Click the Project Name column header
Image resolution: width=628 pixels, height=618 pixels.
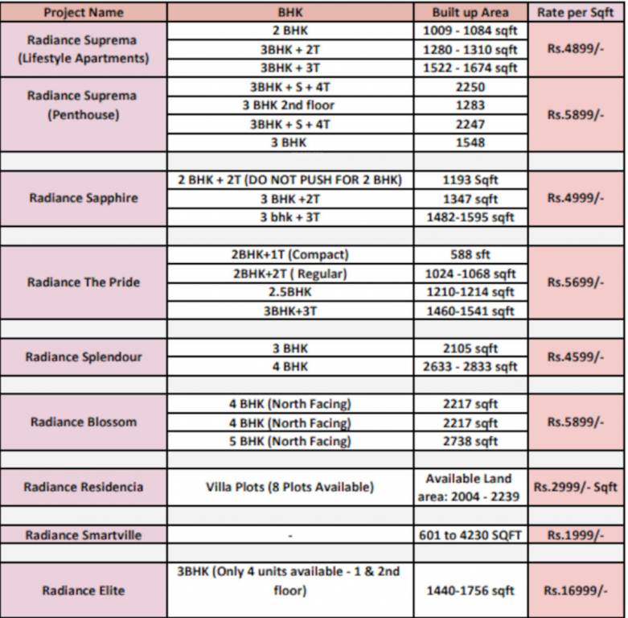pyautogui.click(x=84, y=12)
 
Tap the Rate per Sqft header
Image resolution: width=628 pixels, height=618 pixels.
pyautogui.click(x=575, y=12)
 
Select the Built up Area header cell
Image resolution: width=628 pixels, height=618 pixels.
pyautogui.click(x=470, y=12)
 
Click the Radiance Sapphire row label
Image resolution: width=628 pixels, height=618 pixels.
pyautogui.click(x=84, y=198)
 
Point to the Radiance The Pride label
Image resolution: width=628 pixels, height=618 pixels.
pyautogui.click(x=84, y=282)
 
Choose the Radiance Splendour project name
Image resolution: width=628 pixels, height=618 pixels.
pyautogui.click(x=84, y=357)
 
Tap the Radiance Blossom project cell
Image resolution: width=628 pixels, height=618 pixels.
pyautogui.click(x=84, y=422)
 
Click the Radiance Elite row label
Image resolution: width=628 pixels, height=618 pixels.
pyautogui.click(x=84, y=591)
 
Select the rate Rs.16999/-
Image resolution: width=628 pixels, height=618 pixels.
pyautogui.click(x=575, y=591)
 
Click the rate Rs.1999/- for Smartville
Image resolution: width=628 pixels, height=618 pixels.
pyautogui.click(x=575, y=535)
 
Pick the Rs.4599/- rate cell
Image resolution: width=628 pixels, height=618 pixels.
pyautogui.click(x=575, y=356)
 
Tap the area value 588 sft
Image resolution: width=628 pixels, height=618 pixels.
pyautogui.click(x=470, y=255)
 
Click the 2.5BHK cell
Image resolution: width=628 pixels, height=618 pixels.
pyautogui.click(x=289, y=292)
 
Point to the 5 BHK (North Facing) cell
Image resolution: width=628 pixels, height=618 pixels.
pyautogui.click(x=289, y=441)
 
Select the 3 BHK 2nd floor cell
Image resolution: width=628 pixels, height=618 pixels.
pyautogui.click(x=289, y=105)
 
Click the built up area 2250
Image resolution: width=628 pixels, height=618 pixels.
pyautogui.click(x=470, y=87)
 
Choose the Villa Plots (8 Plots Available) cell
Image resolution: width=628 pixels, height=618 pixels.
pyautogui.click(x=289, y=487)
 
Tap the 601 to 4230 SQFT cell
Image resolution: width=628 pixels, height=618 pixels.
pyautogui.click(x=470, y=535)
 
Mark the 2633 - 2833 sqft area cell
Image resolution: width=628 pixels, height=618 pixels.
pyautogui.click(x=470, y=367)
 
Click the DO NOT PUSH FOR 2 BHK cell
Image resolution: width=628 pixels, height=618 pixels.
pyautogui.click(x=289, y=180)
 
